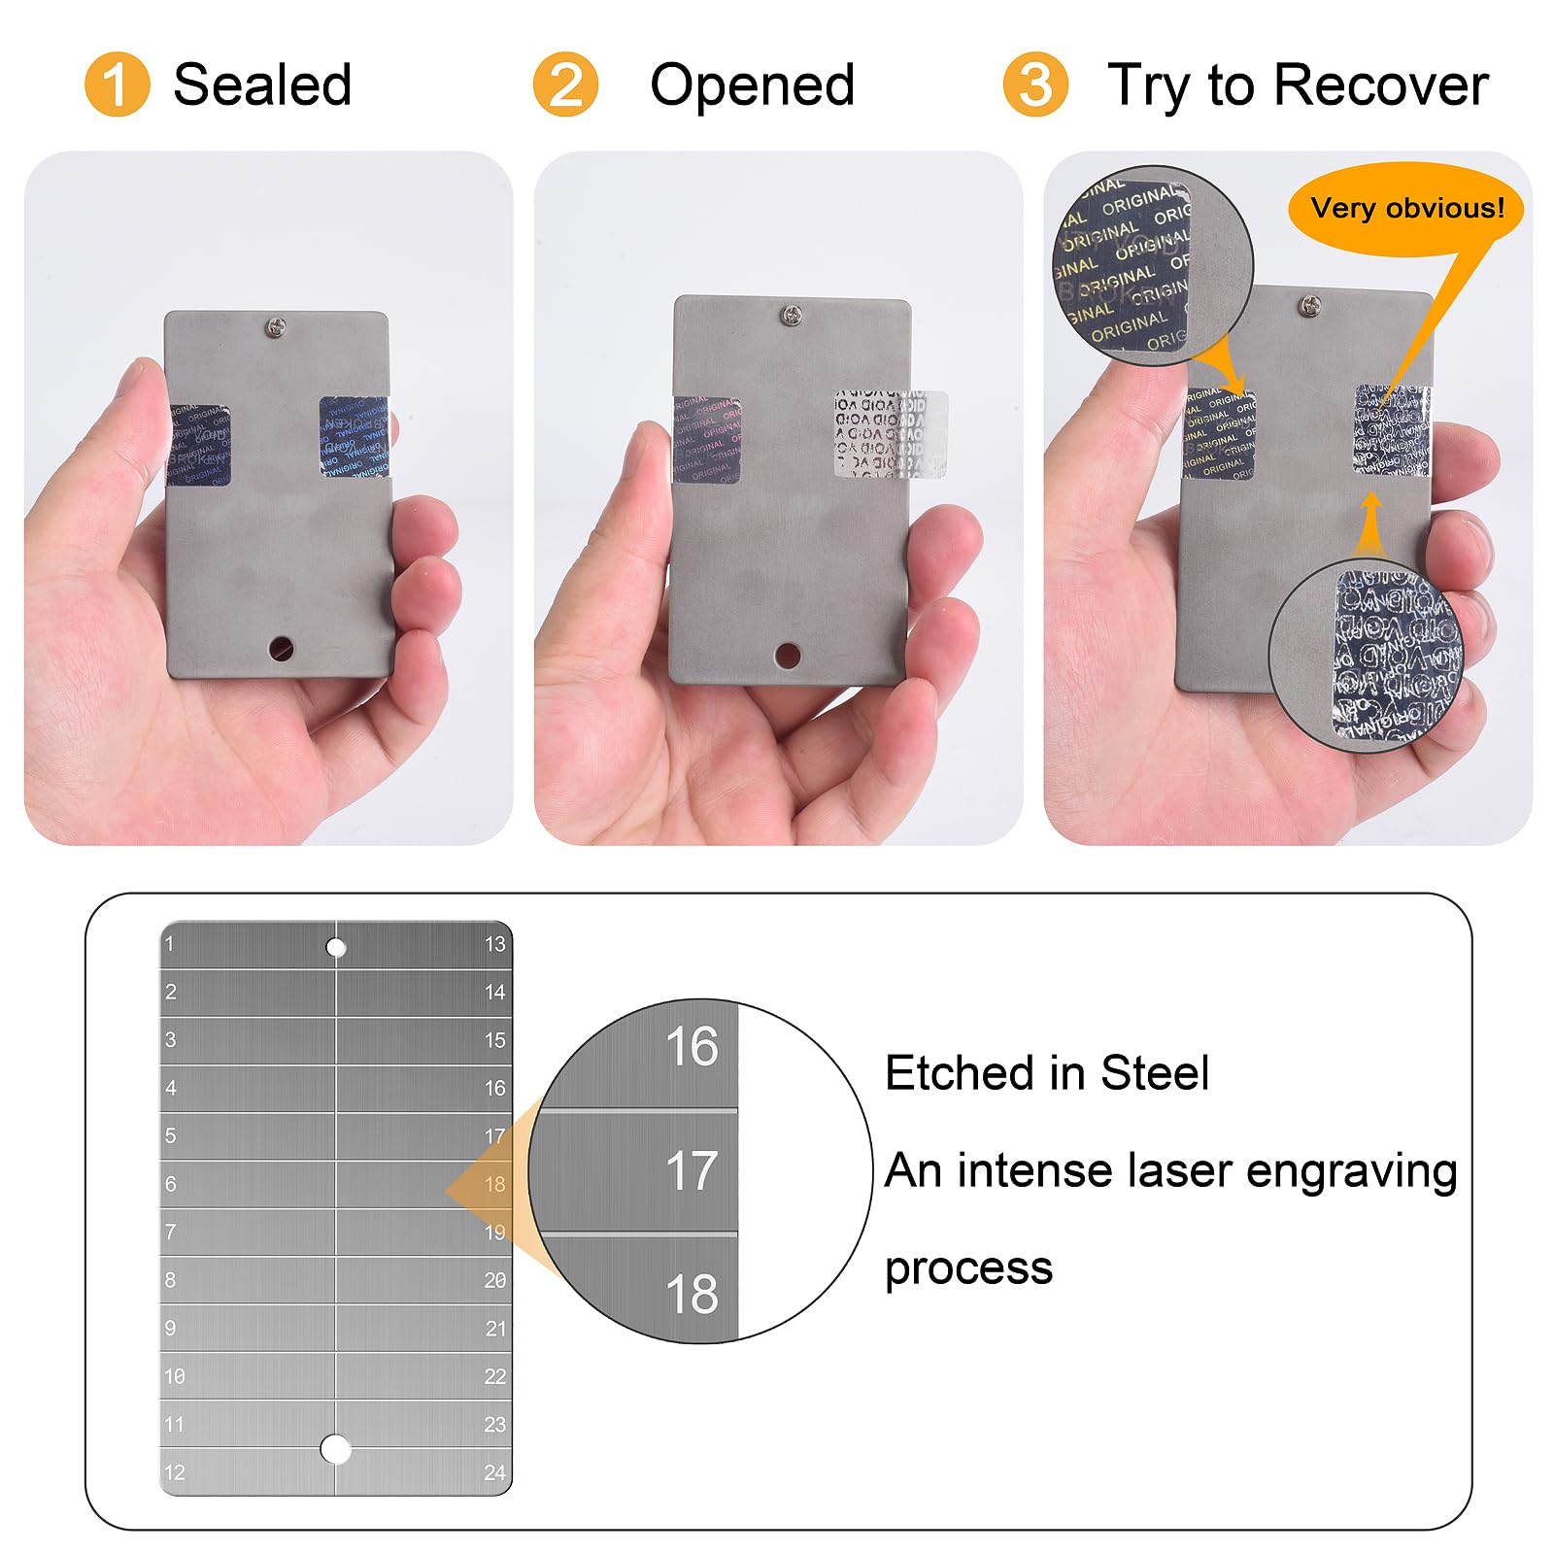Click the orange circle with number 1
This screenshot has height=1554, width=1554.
tap(117, 84)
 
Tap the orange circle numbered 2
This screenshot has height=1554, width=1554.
tap(565, 84)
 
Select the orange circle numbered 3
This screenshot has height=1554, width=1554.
tap(1035, 84)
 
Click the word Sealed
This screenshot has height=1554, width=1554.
tap(262, 84)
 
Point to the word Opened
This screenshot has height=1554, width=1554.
tap(752, 84)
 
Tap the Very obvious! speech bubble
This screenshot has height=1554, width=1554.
tap(1405, 209)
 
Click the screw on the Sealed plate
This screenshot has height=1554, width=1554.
tap(277, 328)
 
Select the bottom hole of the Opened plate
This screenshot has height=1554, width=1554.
tap(788, 656)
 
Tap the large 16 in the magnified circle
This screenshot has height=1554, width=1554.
tap(692, 1047)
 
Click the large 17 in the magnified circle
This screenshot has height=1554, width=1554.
tap(692, 1170)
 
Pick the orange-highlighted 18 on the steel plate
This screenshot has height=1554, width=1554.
tap(494, 1184)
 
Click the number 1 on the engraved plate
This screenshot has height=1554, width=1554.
tap(170, 944)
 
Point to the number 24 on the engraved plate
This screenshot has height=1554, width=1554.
tap(494, 1472)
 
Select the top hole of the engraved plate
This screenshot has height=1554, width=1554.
tap(336, 947)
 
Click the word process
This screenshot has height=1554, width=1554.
tap(968, 1268)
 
